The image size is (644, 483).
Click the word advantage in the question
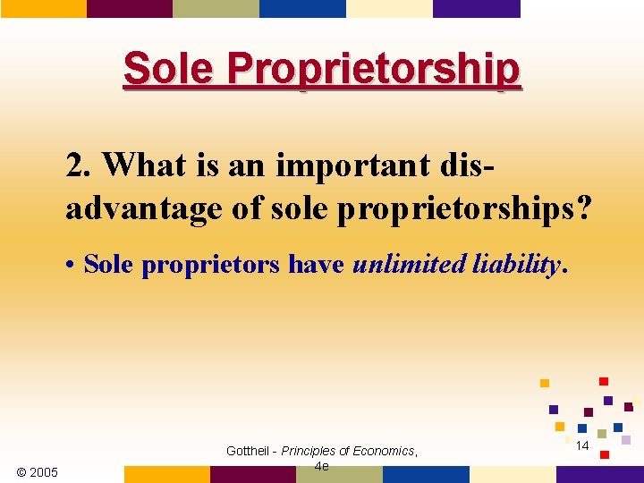(140, 208)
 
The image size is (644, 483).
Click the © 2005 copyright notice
(38, 471)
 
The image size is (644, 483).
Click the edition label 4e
(321, 466)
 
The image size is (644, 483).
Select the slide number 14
(581, 445)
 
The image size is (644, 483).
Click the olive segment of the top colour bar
(216, 8)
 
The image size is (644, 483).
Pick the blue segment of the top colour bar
(302, 8)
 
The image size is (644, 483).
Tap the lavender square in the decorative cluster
(626, 439)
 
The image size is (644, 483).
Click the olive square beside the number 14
(602, 434)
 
